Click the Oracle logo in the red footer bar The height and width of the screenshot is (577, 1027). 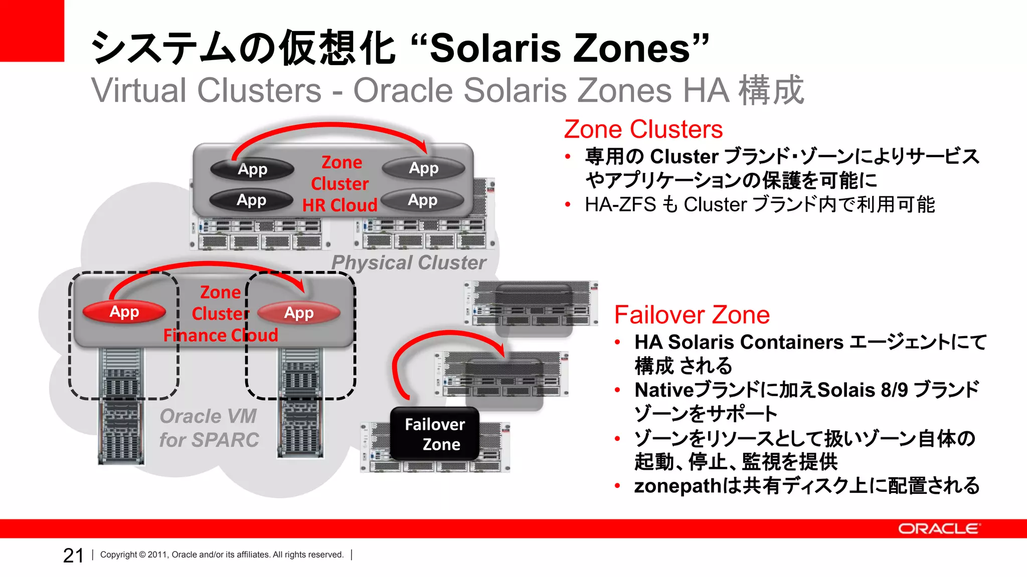pyautogui.click(x=938, y=529)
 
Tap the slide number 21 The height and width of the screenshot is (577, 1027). pyautogui.click(x=73, y=555)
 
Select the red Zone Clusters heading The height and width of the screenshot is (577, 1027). pyautogui.click(x=643, y=129)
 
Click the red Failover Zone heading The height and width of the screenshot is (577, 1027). pyautogui.click(x=692, y=315)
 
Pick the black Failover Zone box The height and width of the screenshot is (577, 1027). pyautogui.click(x=435, y=434)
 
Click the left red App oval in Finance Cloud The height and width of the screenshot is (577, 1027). pyautogui.click(x=124, y=312)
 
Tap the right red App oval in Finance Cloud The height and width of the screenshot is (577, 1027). pyautogui.click(x=299, y=313)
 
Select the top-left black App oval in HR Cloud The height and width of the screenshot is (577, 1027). pyautogui.click(x=252, y=169)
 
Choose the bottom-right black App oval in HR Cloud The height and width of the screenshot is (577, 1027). pyautogui.click(x=423, y=200)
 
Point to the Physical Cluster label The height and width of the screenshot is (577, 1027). pyautogui.click(x=409, y=262)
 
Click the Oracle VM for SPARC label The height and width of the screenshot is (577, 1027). pyautogui.click(x=209, y=428)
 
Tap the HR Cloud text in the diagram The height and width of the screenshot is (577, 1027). pyautogui.click(x=339, y=205)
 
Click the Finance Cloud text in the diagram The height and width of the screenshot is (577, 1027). pyautogui.click(x=221, y=335)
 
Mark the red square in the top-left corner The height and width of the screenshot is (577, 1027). pyautogui.click(x=32, y=30)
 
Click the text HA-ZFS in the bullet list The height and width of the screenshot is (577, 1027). pyautogui.click(x=620, y=204)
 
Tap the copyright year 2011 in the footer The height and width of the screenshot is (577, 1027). pyautogui.click(x=157, y=555)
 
